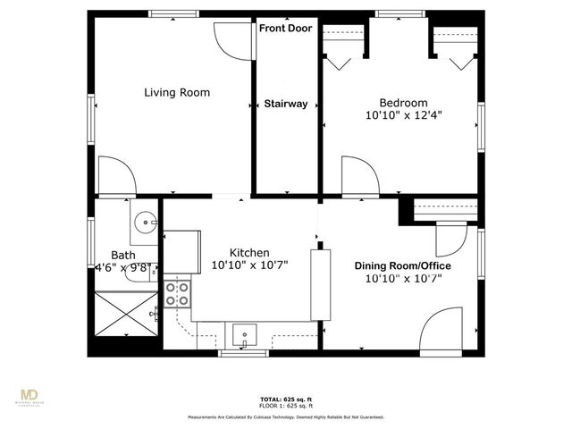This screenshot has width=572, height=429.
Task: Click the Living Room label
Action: [x=177, y=92]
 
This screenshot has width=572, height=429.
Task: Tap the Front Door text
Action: [x=286, y=29]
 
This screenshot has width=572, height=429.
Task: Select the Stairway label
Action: [x=286, y=104]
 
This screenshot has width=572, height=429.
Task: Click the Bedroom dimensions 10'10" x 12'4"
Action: [x=403, y=115]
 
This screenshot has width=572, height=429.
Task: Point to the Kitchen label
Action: [x=249, y=253]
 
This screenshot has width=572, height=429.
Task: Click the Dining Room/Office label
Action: [x=402, y=266]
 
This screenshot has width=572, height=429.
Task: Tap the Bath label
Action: [x=123, y=255]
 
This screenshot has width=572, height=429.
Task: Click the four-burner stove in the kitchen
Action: [x=178, y=294]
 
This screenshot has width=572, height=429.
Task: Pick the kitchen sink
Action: [x=245, y=336]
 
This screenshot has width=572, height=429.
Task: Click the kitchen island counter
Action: [x=319, y=284]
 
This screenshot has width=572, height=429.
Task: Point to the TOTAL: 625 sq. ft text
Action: [x=286, y=399]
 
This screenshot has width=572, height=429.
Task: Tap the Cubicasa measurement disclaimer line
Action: [x=286, y=417]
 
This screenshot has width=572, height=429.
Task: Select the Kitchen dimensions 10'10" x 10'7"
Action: [x=249, y=265]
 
